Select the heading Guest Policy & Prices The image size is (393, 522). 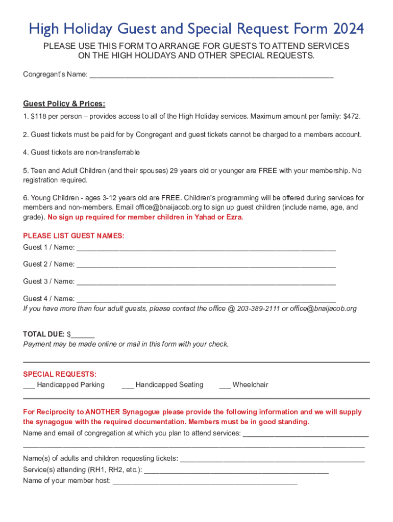click(64, 104)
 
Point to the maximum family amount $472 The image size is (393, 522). click(352, 117)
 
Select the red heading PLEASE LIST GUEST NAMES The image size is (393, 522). click(73, 236)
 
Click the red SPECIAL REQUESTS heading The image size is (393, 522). click(60, 374)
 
